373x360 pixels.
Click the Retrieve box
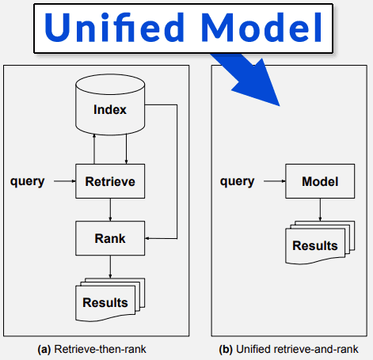coord(110,181)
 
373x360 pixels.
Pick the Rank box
coord(110,237)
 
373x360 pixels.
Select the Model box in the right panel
coord(320,181)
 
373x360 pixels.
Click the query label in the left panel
coord(27,181)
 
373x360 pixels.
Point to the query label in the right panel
coord(237,181)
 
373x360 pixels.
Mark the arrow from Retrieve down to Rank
coord(110,210)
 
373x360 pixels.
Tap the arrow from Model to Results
coord(320,209)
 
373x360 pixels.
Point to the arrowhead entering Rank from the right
coord(150,237)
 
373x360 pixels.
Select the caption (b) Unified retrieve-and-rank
coord(291,347)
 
